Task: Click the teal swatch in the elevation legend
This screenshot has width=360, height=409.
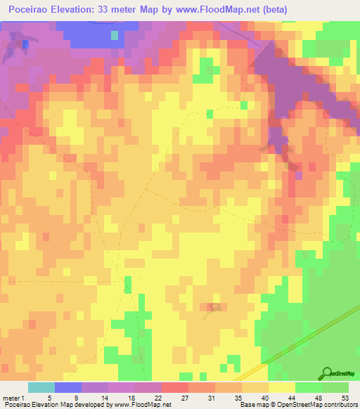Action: point(41,387)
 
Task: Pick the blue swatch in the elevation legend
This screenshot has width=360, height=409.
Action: point(68,387)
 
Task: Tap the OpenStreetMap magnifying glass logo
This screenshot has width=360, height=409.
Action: point(326,372)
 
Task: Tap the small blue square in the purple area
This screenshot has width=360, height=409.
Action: point(25,44)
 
